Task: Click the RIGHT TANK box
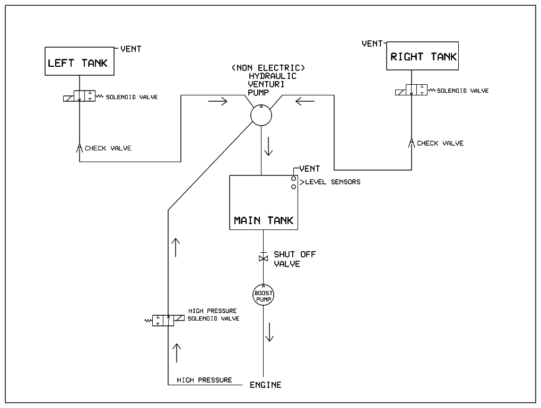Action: click(x=423, y=56)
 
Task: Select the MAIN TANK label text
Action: click(x=264, y=220)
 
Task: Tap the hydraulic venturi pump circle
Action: click(x=261, y=115)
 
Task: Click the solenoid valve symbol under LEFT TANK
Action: click(x=80, y=96)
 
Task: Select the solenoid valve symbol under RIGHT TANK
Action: click(x=412, y=90)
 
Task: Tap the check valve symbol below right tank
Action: click(x=412, y=143)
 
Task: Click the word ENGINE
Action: click(x=265, y=385)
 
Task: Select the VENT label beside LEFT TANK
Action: click(x=131, y=49)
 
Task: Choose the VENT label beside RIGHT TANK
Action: click(x=372, y=43)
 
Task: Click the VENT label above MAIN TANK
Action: click(x=310, y=168)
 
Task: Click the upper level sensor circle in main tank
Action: click(x=293, y=179)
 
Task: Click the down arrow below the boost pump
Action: click(x=269, y=332)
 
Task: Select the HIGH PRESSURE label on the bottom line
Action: click(x=204, y=380)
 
